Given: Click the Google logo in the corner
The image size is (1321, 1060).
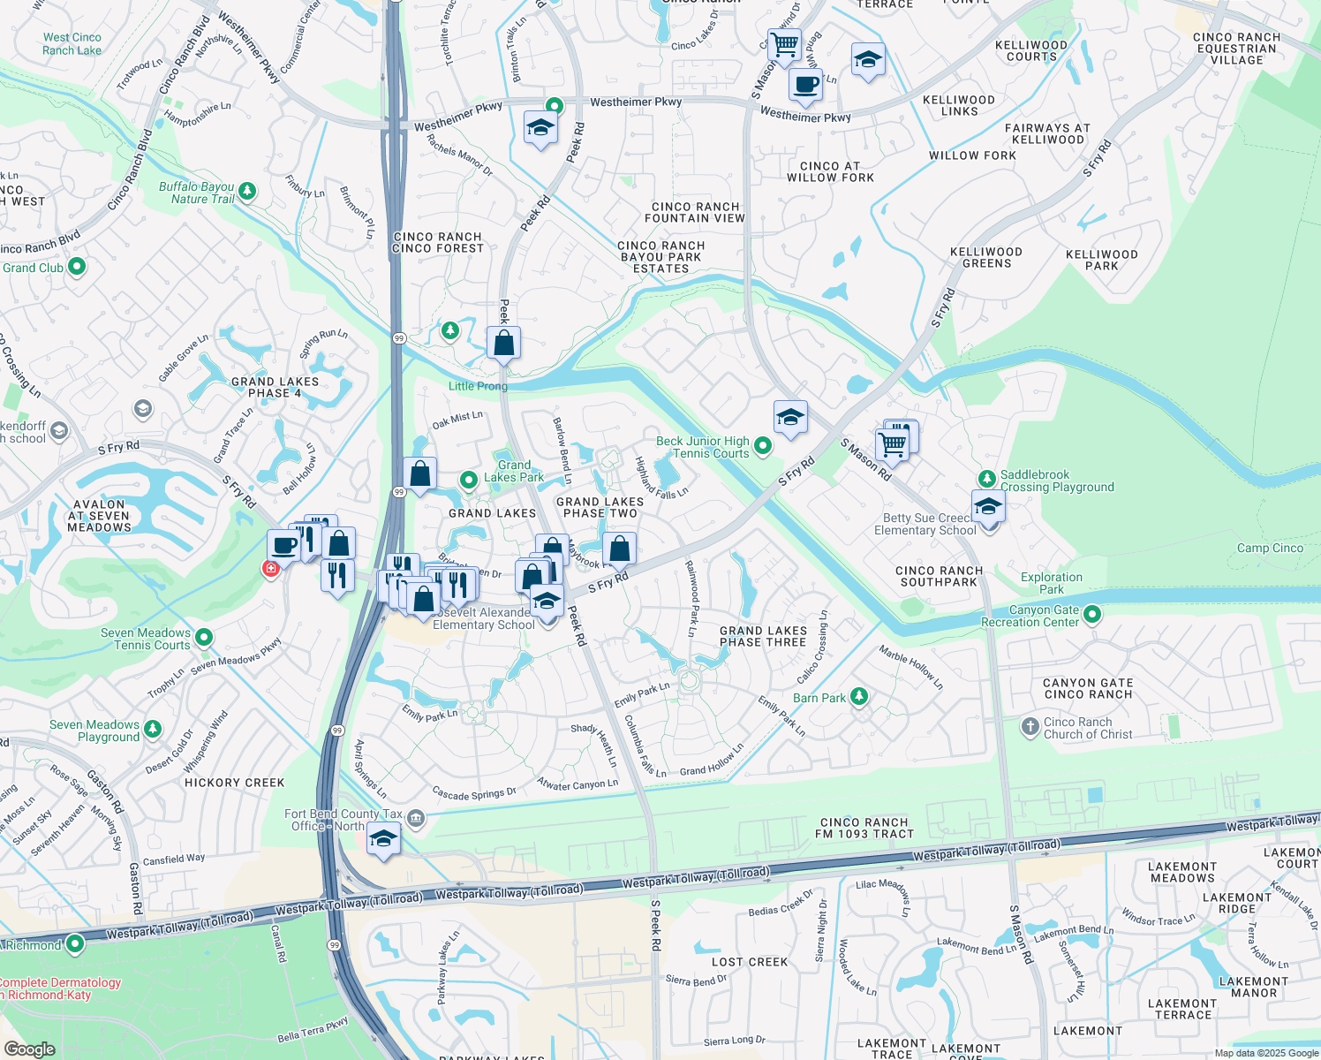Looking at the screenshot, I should [x=29, y=1049].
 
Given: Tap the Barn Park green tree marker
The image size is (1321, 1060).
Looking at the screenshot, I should [x=858, y=697].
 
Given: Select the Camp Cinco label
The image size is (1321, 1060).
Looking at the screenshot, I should [x=1270, y=548].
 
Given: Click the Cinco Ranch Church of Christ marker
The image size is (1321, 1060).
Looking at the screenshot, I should [x=1030, y=727].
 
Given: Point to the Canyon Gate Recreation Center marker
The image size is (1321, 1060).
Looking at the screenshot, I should [x=1092, y=615].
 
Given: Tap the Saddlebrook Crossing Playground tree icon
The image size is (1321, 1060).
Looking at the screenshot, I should [x=986, y=480].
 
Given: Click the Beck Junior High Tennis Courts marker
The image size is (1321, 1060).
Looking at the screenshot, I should [x=763, y=447].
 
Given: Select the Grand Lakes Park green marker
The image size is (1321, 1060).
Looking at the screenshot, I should [x=469, y=480].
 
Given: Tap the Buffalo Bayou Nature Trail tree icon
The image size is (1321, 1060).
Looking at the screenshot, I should [x=247, y=191].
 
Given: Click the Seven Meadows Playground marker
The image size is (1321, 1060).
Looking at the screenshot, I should [x=153, y=730].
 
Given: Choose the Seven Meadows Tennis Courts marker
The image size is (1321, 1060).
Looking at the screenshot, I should [x=204, y=637].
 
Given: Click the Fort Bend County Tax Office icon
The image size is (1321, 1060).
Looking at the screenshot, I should [x=416, y=819].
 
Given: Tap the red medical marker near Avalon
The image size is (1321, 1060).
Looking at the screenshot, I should [x=271, y=568].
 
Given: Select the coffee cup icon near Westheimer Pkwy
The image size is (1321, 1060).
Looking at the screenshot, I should [x=804, y=86].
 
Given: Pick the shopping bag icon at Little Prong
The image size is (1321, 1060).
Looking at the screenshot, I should [x=503, y=342].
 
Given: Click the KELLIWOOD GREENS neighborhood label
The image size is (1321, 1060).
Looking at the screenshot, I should [x=986, y=258].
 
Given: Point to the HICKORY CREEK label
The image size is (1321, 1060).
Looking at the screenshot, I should [x=235, y=783].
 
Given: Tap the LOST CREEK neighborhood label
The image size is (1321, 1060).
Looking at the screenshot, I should [x=750, y=962].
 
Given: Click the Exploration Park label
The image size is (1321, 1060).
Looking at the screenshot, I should [x=1051, y=583].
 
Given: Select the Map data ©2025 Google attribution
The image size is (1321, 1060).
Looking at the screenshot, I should [x=1265, y=1053].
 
